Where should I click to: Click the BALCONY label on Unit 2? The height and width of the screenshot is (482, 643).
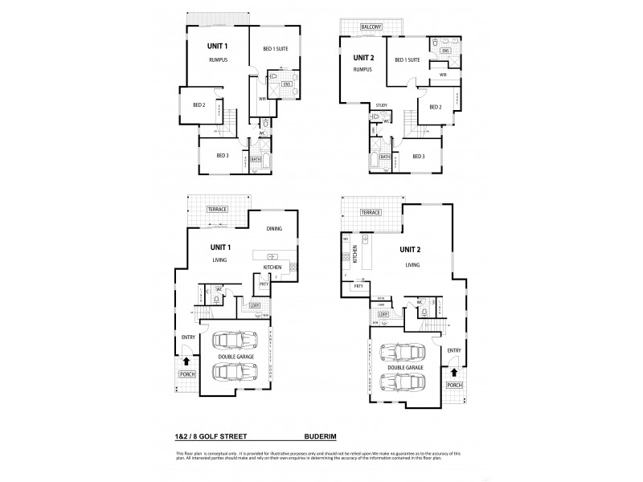tap(371, 27)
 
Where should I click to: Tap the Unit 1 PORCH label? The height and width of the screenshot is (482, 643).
tap(188, 375)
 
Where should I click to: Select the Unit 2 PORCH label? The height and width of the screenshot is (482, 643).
tap(454, 386)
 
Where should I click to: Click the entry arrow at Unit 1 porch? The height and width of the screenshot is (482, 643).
tap(188, 363)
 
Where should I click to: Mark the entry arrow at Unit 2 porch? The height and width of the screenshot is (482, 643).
tap(454, 373)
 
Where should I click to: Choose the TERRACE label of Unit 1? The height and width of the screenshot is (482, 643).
tap(217, 209)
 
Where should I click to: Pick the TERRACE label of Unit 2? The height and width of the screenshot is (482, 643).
tap(370, 212)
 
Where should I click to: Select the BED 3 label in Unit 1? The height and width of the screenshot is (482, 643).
tap(223, 154)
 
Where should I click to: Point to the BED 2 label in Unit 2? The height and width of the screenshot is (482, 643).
tap(435, 108)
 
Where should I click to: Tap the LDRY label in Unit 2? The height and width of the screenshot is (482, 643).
tap(383, 314)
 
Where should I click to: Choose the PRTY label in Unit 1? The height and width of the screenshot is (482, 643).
tap(263, 284)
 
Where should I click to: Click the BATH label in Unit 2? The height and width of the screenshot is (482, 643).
tap(385, 157)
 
